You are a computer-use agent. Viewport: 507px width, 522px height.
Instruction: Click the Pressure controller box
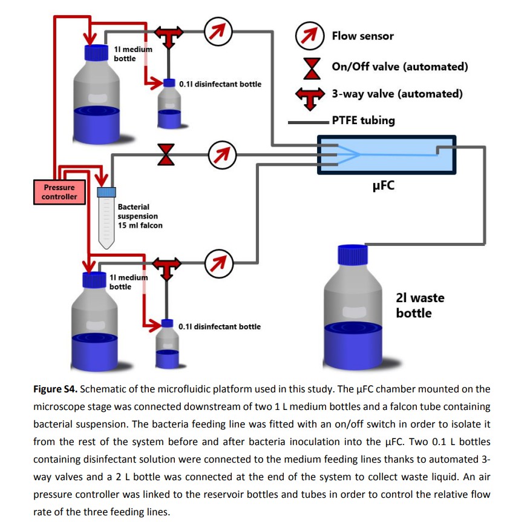point(59,192)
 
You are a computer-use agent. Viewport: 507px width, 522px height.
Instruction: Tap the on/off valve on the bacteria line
point(166,155)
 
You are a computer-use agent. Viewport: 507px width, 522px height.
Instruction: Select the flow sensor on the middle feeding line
point(222,155)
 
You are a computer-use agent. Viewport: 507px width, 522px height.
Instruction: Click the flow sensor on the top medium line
point(218,31)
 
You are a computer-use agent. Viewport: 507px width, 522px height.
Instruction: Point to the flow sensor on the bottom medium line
point(218,263)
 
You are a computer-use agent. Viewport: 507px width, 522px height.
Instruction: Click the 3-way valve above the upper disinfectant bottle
point(169,36)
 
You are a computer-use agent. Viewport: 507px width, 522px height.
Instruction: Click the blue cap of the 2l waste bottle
point(353,255)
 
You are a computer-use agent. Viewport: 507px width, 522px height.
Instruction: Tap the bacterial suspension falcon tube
point(106,218)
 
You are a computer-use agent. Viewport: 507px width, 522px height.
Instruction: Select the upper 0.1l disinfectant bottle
point(169,104)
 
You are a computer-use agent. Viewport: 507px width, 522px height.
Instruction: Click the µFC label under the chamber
point(384,185)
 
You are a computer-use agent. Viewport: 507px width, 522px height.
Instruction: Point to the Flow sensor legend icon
point(310,36)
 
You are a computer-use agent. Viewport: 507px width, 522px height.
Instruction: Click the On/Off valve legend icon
point(312,68)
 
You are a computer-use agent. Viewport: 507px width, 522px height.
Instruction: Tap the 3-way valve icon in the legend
point(310,99)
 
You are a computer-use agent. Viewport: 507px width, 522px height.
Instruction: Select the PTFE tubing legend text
point(363,120)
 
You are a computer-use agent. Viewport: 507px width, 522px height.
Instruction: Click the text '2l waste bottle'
point(420,305)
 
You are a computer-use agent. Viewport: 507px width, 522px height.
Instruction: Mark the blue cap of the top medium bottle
point(96,53)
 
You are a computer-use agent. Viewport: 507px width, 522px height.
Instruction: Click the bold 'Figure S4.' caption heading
point(55,389)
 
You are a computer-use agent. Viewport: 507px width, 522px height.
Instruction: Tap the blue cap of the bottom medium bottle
point(94,280)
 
